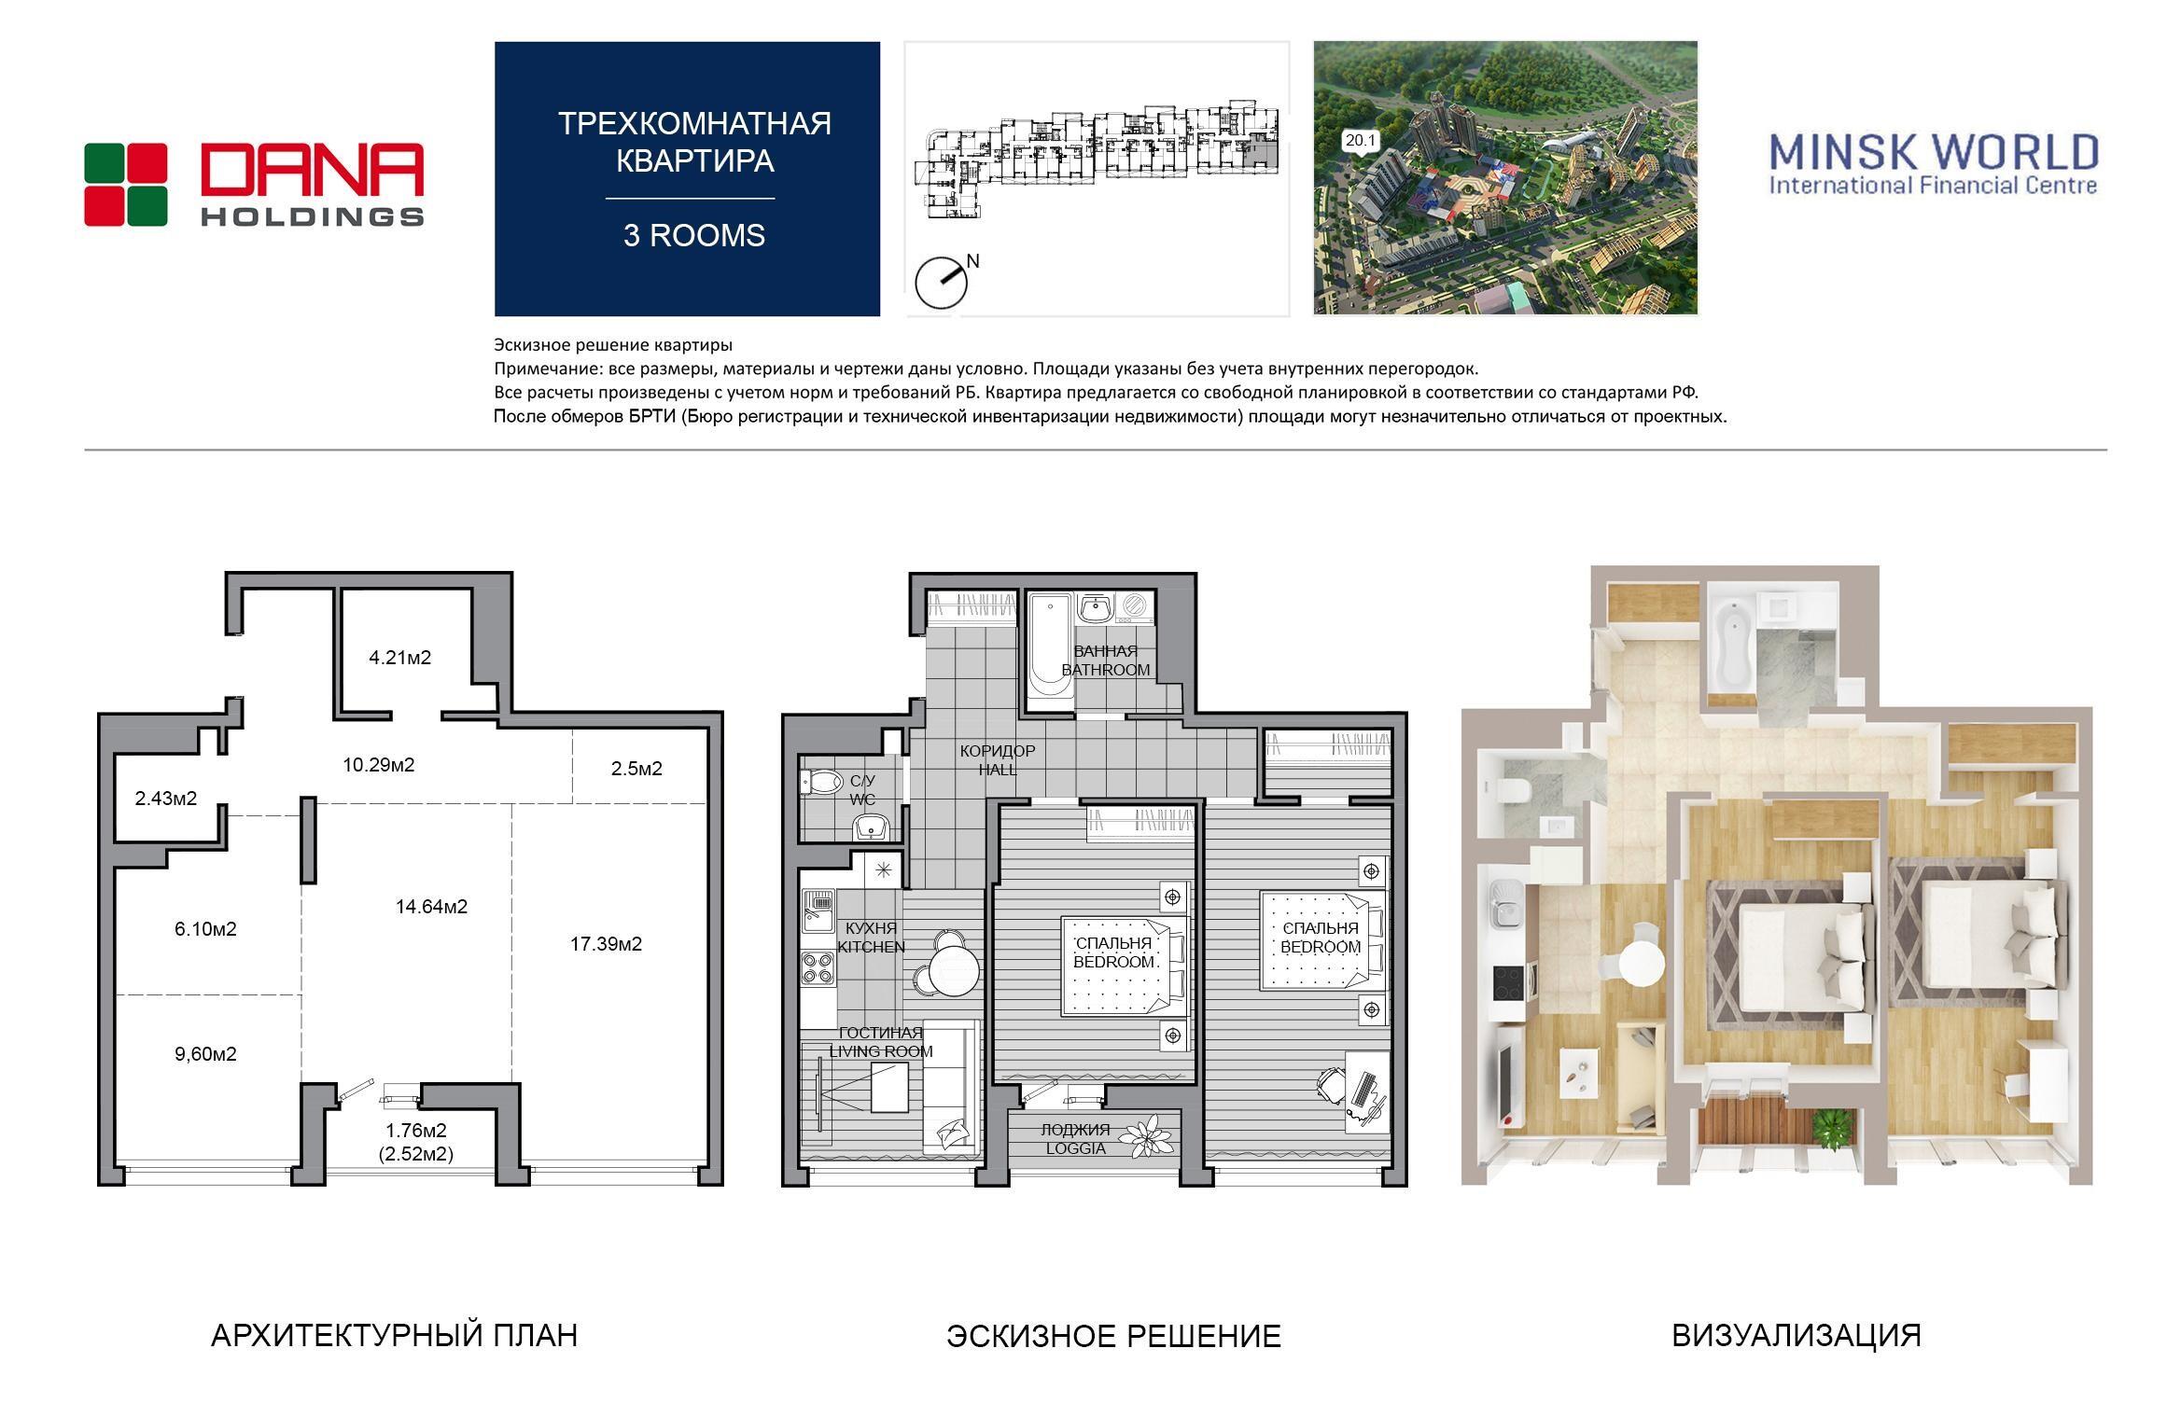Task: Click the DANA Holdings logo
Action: pyautogui.click(x=254, y=184)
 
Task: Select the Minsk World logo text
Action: pyautogui.click(x=1933, y=163)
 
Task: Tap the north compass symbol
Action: pyautogui.click(x=943, y=281)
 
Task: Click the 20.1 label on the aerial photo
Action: pyautogui.click(x=1361, y=141)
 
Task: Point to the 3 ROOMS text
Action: pyautogui.click(x=694, y=236)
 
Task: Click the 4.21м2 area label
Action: pyautogui.click(x=400, y=658)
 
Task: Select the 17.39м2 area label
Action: pyautogui.click(x=607, y=944)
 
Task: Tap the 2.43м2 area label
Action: pyautogui.click(x=166, y=799)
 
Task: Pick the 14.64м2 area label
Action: pyautogui.click(x=431, y=906)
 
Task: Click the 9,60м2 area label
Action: pyautogui.click(x=205, y=1054)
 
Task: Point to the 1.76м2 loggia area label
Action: pyautogui.click(x=416, y=1131)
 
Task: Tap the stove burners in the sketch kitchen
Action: pyautogui.click(x=818, y=967)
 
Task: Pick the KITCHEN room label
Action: pyautogui.click(x=871, y=947)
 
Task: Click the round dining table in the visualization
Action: pyautogui.click(x=1641, y=961)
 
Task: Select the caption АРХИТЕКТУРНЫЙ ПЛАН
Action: pyautogui.click(x=394, y=1336)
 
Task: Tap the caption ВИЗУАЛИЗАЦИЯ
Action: pyautogui.click(x=1797, y=1336)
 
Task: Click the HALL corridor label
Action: pyautogui.click(x=998, y=770)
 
